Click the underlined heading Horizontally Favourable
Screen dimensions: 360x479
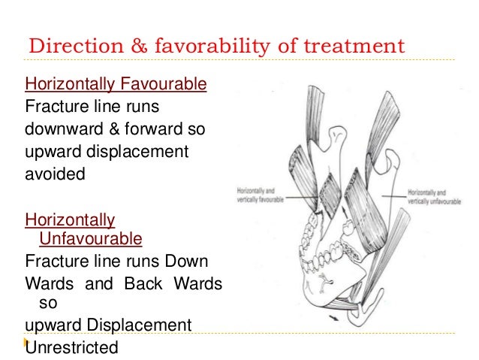pos(116,83)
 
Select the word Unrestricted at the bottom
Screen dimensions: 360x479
pos(72,347)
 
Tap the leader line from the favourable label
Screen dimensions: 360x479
pos(300,198)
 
